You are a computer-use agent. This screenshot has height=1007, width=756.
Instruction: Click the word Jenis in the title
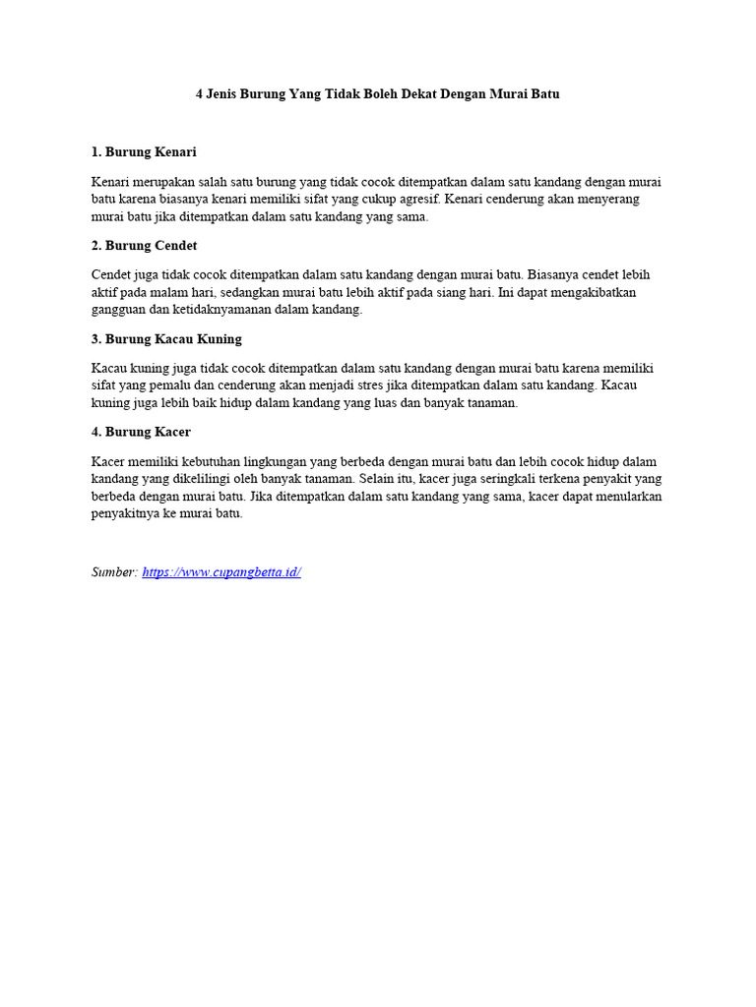pyautogui.click(x=224, y=94)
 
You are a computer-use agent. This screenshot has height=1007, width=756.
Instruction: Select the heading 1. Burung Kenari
pyautogui.click(x=144, y=152)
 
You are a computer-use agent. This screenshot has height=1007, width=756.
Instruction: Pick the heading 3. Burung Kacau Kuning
pyautogui.click(x=166, y=339)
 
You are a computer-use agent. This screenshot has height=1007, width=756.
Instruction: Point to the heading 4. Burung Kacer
pyautogui.click(x=141, y=433)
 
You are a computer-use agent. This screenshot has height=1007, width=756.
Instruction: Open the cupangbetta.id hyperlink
pyautogui.click(x=221, y=572)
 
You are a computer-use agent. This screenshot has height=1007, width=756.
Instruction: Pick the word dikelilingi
pyautogui.click(x=163, y=480)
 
